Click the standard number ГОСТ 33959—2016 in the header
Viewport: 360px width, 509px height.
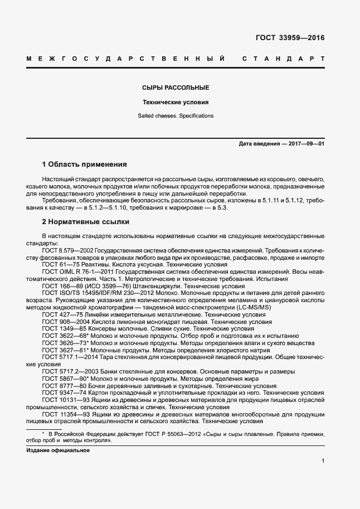point(290,38)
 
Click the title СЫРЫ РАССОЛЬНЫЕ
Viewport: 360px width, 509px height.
point(175,88)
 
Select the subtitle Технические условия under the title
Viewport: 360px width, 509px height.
point(175,103)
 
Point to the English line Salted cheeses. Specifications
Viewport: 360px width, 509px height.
point(175,117)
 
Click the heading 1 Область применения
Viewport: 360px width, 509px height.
point(84,164)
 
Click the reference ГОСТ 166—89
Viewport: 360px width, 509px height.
point(59,285)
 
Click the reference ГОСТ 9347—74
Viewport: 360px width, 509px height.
point(61,392)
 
